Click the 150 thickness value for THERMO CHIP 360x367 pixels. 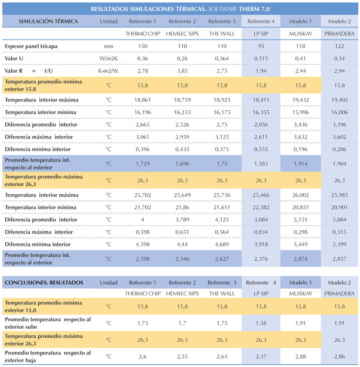click(143, 46)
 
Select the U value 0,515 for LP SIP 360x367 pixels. click(261, 59)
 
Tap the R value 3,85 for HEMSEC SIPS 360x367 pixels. click(182, 71)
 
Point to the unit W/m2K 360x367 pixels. click(109, 59)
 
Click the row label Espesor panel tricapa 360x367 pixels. click(31, 46)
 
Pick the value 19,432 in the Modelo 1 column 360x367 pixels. click(300, 100)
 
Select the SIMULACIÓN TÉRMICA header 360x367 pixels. click(48, 21)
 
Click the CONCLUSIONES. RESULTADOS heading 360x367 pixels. click(44, 283)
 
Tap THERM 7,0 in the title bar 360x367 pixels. click(254, 9)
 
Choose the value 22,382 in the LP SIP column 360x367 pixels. click(261, 207)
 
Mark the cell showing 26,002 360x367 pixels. click(300, 195)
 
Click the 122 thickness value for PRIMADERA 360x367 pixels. click(339, 46)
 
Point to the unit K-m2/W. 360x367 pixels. click(109, 71)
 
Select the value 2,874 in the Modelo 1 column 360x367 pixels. click(300, 259)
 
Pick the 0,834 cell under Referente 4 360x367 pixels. click(261, 232)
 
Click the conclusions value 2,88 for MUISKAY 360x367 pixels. click(300, 356)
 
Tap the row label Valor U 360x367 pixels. click(14, 59)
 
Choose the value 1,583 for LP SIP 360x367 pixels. click(261, 164)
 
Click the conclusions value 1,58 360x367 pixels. click(261, 323)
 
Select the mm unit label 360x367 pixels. click(109, 46)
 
